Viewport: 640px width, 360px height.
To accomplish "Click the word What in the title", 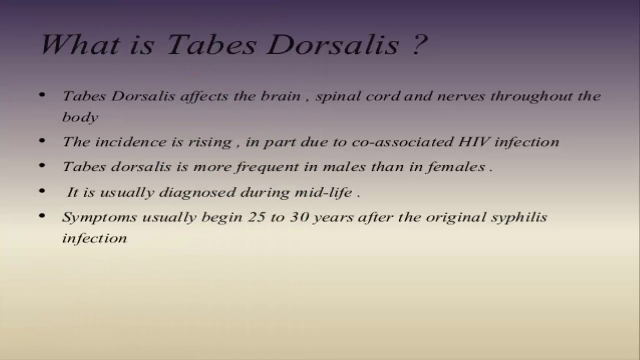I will pyautogui.click(x=80, y=44).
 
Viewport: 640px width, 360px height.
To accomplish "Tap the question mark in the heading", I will pyautogui.click(x=420, y=44).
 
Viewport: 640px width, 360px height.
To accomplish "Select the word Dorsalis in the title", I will pyautogui.click(x=333, y=44).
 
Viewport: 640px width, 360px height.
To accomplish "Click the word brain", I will pyautogui.click(x=280, y=96).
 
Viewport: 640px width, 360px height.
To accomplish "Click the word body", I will pyautogui.click(x=80, y=117).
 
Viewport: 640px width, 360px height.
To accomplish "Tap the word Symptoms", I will pyautogui.click(x=99, y=218).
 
